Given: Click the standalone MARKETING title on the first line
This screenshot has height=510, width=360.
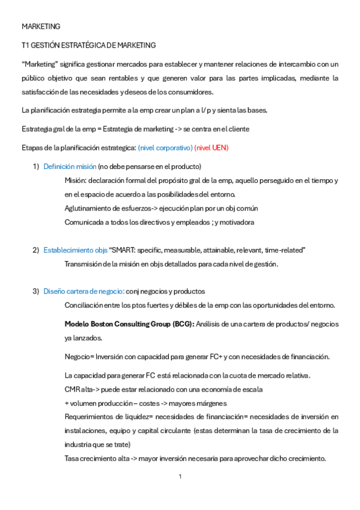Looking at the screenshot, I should (x=41, y=26).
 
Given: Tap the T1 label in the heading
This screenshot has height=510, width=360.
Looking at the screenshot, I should (x=25, y=45).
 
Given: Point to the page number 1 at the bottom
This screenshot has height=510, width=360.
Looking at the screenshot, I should (x=180, y=476).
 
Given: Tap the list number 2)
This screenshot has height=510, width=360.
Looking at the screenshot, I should (x=35, y=250).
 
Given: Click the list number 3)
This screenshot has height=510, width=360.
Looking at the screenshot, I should (x=35, y=291).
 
